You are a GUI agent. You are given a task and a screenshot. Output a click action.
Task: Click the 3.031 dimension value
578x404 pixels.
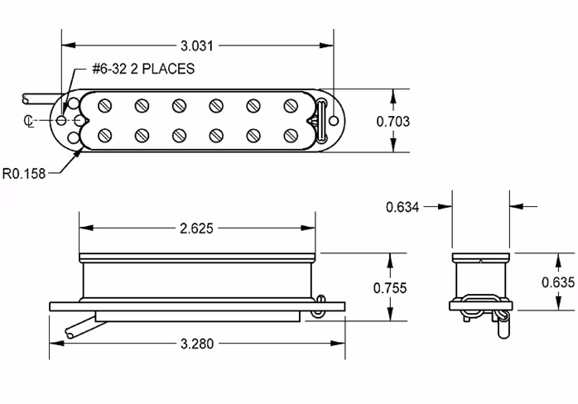click(x=197, y=42)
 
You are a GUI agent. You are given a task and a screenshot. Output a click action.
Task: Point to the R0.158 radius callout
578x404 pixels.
click(x=22, y=173)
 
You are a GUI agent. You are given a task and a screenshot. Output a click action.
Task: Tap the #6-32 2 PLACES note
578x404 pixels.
click(x=143, y=70)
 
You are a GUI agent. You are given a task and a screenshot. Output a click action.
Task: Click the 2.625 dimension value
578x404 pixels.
click(x=197, y=228)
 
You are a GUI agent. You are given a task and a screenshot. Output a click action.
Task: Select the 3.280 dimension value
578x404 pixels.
click(x=197, y=343)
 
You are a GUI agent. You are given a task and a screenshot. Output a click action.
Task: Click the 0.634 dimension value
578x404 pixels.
click(x=403, y=206)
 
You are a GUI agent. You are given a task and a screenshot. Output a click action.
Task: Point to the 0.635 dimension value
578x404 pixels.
click(x=558, y=281)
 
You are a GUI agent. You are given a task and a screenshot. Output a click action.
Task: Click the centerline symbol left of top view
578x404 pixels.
click(x=30, y=121)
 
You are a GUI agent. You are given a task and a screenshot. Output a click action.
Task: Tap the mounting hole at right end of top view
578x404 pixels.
click(x=334, y=121)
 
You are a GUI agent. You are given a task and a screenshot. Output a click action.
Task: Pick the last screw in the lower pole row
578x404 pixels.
click(x=291, y=135)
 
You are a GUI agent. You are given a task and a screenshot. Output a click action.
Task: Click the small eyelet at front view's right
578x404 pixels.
click(x=319, y=313)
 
